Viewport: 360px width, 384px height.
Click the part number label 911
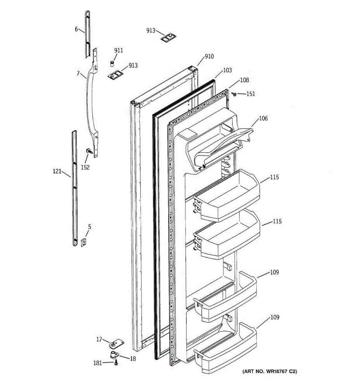[118, 51]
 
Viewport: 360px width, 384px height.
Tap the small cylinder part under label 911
[112, 63]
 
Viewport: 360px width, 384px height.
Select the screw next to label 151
[235, 94]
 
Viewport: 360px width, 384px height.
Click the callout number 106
[263, 118]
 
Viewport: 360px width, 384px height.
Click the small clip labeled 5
[84, 243]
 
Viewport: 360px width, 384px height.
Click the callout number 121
[57, 172]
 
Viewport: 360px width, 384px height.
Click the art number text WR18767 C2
[269, 372]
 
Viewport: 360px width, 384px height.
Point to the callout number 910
[209, 57]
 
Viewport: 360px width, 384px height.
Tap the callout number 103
[227, 70]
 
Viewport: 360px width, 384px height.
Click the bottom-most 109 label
[275, 317]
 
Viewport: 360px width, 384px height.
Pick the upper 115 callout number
[275, 177]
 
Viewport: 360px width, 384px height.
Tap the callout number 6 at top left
[76, 29]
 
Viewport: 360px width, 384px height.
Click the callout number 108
[244, 80]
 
